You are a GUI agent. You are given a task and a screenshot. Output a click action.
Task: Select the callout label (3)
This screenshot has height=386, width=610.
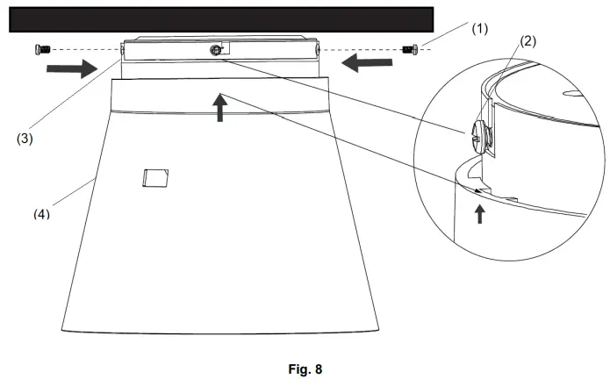point(25,137)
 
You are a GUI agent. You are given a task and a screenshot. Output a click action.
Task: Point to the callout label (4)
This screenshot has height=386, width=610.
point(39,214)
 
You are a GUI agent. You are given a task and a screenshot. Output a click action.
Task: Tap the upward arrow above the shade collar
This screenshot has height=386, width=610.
point(220,107)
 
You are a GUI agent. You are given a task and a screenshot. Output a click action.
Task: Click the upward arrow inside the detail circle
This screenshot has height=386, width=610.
point(479,212)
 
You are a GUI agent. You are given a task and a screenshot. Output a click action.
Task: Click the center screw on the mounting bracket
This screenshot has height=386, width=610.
point(215,52)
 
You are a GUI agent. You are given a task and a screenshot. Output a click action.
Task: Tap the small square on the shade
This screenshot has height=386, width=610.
point(153,178)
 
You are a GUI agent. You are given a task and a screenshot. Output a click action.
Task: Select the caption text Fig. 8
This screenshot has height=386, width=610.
point(306,369)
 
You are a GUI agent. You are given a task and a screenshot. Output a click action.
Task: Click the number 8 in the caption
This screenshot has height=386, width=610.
point(319,369)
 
